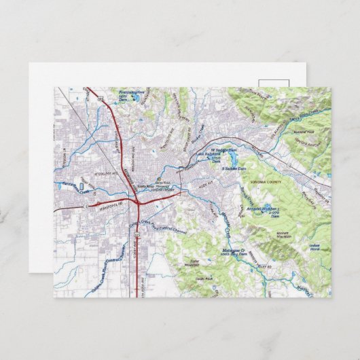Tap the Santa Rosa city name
[146, 185]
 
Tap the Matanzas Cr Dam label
[215, 252]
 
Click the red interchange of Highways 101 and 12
[137, 201]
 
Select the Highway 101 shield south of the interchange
[134, 234]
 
